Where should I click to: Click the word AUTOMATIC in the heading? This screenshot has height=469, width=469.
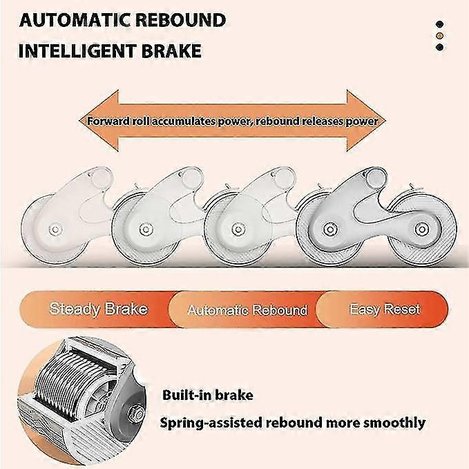(x=75, y=20)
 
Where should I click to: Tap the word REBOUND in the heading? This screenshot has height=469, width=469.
(x=181, y=20)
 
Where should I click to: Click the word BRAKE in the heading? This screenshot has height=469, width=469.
(x=171, y=51)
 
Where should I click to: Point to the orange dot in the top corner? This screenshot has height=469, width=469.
(x=439, y=36)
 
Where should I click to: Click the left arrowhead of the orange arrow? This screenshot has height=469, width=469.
(x=99, y=121)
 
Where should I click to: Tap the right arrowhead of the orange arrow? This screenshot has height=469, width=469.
(x=366, y=121)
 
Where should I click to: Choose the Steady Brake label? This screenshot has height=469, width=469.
(x=98, y=309)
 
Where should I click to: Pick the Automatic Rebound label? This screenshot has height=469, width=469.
(x=247, y=310)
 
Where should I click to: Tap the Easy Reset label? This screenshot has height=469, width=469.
(x=385, y=309)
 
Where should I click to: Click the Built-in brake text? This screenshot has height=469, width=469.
(x=208, y=395)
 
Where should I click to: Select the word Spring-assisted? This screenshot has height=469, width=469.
(x=211, y=423)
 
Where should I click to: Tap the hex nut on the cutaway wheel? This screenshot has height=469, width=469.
(x=137, y=412)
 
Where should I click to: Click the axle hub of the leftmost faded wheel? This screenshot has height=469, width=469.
(x=55, y=229)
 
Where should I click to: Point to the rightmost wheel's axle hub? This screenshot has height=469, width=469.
(x=421, y=229)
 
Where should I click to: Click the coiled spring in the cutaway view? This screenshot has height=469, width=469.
(x=75, y=381)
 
